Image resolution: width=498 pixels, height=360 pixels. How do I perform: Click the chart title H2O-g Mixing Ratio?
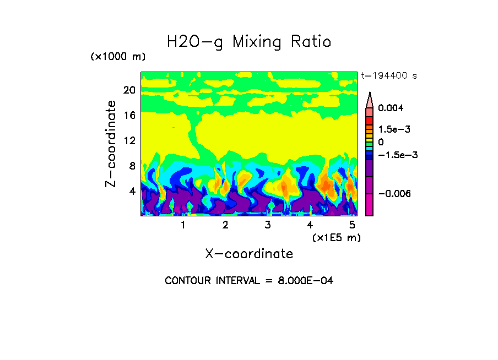point(249,42)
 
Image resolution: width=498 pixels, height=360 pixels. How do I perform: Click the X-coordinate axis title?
point(249,254)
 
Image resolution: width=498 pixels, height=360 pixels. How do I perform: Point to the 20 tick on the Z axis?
point(129,90)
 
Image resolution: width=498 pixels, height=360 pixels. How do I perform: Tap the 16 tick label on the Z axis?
point(129,115)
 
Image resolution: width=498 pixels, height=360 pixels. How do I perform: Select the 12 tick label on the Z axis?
point(129,140)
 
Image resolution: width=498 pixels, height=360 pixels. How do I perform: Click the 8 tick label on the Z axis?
point(132,166)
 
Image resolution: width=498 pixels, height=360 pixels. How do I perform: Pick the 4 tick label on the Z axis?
point(132,191)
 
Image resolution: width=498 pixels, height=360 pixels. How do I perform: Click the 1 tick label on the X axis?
point(183,225)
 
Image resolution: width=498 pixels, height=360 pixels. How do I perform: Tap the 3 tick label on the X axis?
point(268,225)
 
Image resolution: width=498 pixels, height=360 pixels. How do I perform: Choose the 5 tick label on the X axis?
point(352,225)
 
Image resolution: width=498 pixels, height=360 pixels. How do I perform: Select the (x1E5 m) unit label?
point(335,237)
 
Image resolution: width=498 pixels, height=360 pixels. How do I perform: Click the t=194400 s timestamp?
point(388,75)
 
